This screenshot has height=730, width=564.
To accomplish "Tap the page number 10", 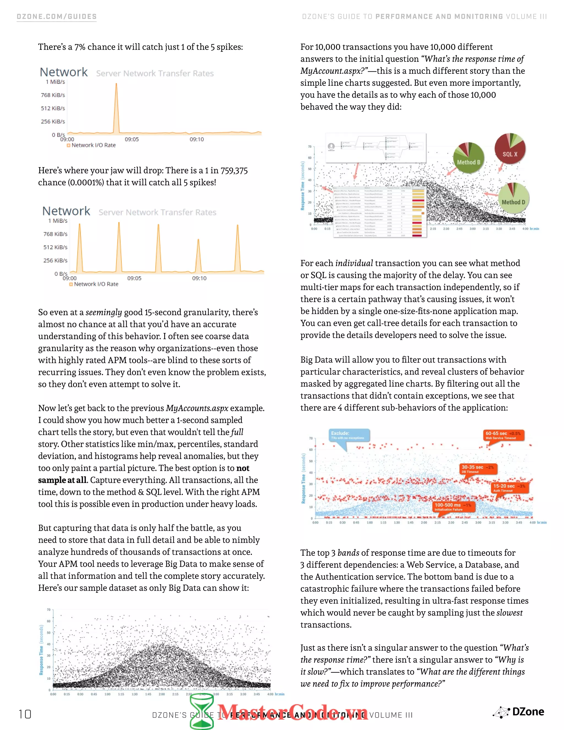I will (25, 714).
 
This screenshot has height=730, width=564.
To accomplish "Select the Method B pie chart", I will (468, 158).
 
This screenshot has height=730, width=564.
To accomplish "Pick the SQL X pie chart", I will (510, 149).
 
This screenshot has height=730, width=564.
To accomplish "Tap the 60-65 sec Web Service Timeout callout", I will (503, 435).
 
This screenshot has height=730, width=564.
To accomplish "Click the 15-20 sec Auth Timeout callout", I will (509, 488).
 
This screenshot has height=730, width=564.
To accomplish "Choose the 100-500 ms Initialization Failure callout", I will (453, 507).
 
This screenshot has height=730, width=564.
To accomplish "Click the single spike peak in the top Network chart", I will (116, 84).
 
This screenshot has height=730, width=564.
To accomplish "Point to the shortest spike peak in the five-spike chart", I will (198, 240).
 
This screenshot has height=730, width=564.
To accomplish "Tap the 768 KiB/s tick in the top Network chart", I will (53, 95).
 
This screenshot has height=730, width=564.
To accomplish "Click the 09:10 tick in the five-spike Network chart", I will (199, 278).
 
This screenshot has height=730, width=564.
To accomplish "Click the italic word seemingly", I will (104, 312).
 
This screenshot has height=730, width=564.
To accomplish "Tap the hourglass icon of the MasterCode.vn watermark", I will (202, 711).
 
